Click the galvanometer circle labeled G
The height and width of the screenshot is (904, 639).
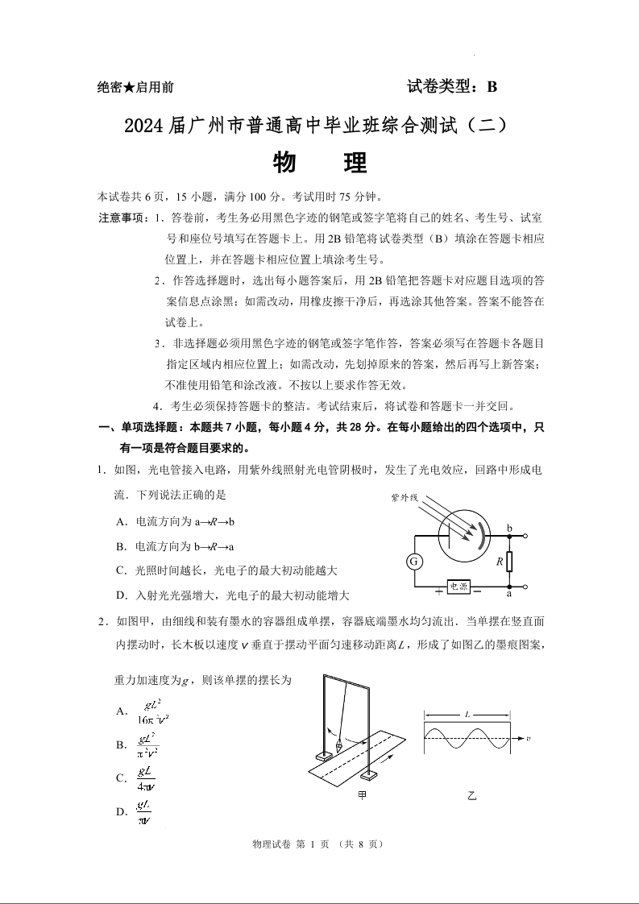(414, 561)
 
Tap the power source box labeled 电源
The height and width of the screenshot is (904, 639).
(459, 587)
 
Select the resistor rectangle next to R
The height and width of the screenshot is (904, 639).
(509, 562)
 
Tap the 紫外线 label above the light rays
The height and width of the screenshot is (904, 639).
(404, 498)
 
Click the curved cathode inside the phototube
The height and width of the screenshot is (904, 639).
(483, 536)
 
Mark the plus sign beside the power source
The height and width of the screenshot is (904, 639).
(438, 592)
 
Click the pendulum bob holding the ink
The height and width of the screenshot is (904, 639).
(338, 745)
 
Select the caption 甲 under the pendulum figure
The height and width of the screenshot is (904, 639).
(362, 795)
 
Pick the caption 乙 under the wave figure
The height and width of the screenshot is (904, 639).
(472, 795)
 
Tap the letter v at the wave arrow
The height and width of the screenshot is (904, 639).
(528, 738)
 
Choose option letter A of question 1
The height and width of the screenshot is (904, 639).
(120, 521)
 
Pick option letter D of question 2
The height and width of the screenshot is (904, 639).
(122, 811)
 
